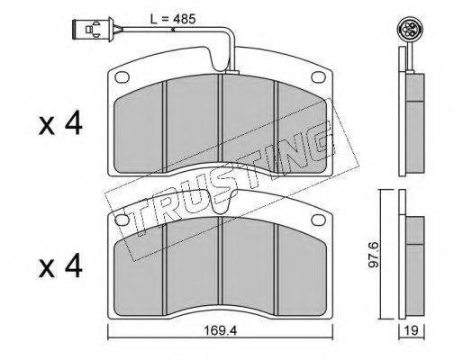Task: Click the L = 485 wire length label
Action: [173, 19]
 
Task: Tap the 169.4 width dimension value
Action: [220, 330]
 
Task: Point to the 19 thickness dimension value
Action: [412, 330]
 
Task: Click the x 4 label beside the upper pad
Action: [60, 122]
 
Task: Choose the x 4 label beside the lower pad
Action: [60, 265]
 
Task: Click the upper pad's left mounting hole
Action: [122, 77]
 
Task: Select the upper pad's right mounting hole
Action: [319, 77]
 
